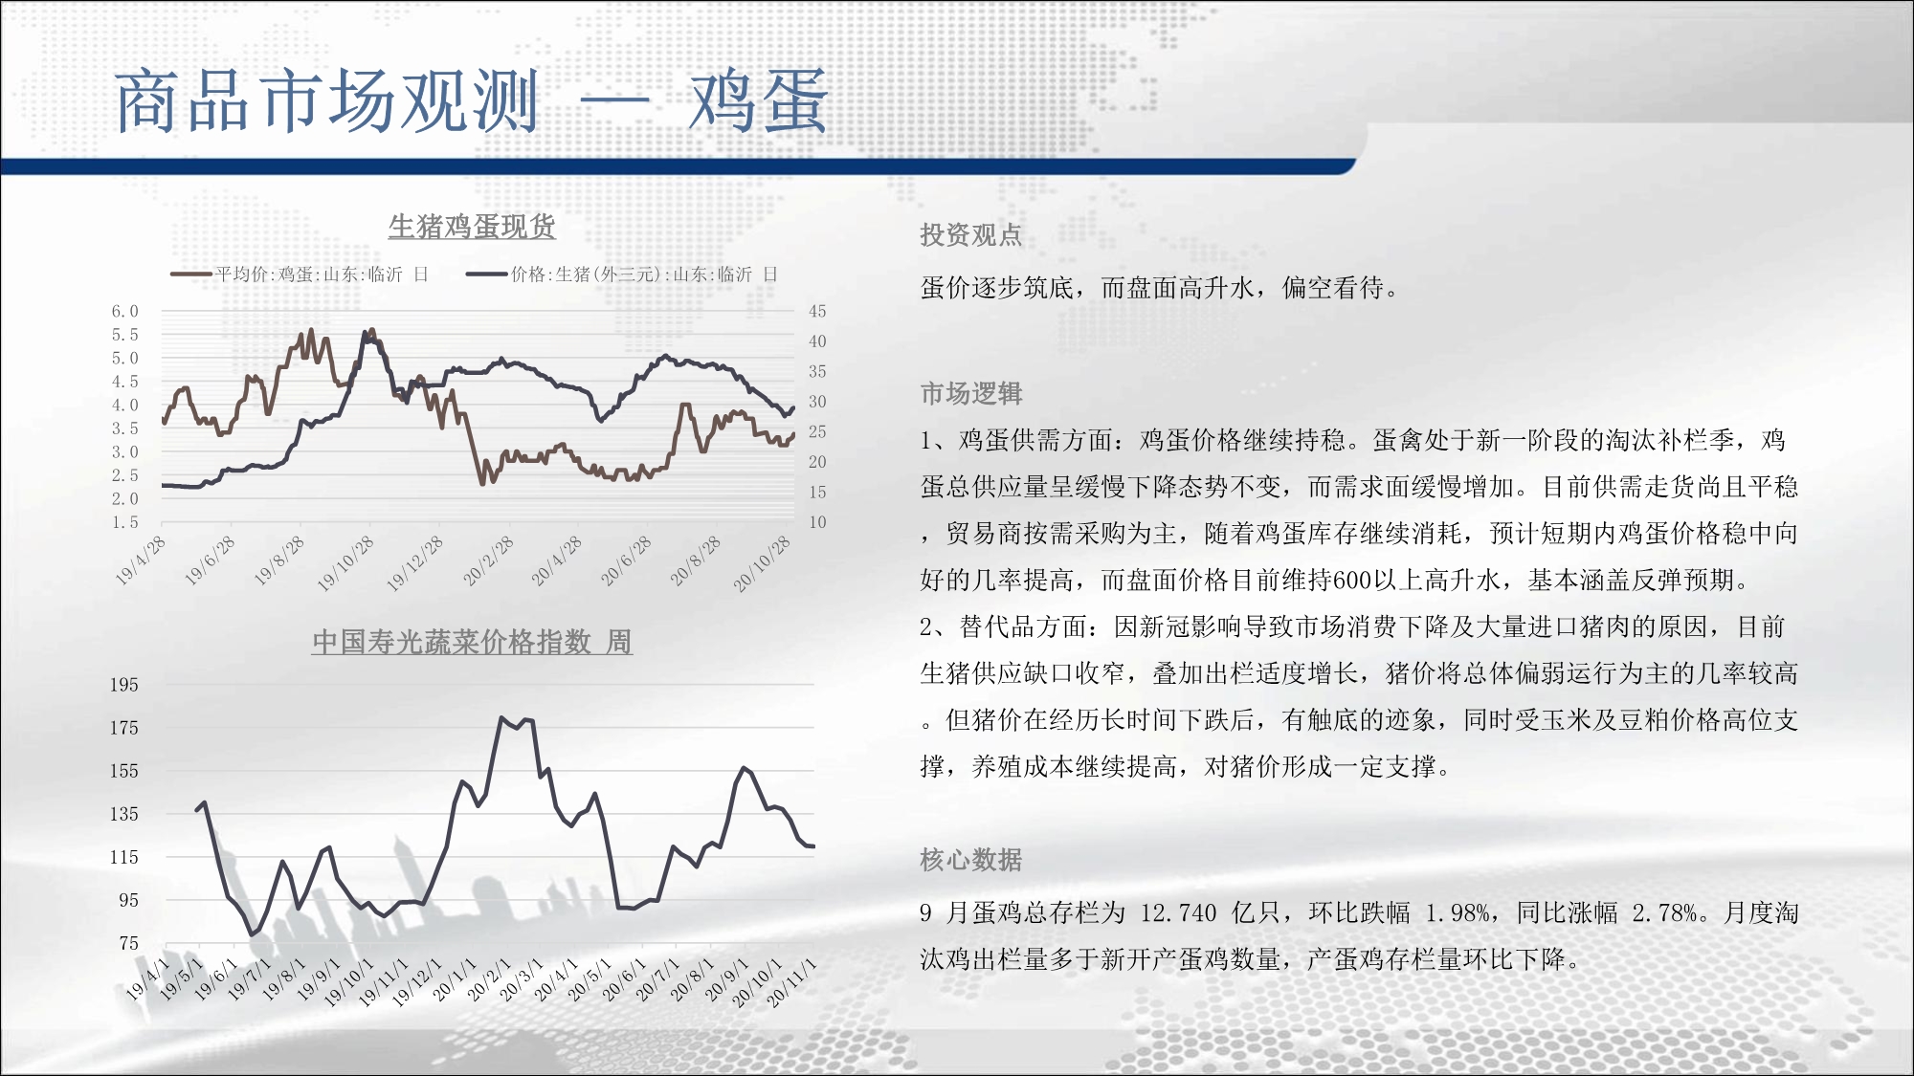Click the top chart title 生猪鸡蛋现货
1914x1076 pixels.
click(x=472, y=227)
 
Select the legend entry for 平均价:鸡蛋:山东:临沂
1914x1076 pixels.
click(x=300, y=274)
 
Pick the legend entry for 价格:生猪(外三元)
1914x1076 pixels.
click(x=622, y=274)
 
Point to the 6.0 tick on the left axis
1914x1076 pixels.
click(x=125, y=312)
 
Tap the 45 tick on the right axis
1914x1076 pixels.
click(x=817, y=312)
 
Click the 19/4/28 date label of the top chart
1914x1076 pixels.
click(x=141, y=560)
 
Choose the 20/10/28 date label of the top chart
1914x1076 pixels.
click(x=763, y=564)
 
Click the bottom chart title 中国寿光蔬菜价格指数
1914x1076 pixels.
click(x=452, y=642)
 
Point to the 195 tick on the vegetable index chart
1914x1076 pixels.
click(x=124, y=685)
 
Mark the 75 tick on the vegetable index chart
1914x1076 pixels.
click(x=129, y=943)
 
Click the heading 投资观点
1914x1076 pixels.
click(x=971, y=235)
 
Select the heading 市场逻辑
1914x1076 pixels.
click(x=971, y=393)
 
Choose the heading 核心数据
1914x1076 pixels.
click(x=971, y=860)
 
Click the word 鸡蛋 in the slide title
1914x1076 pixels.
click(x=758, y=101)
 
